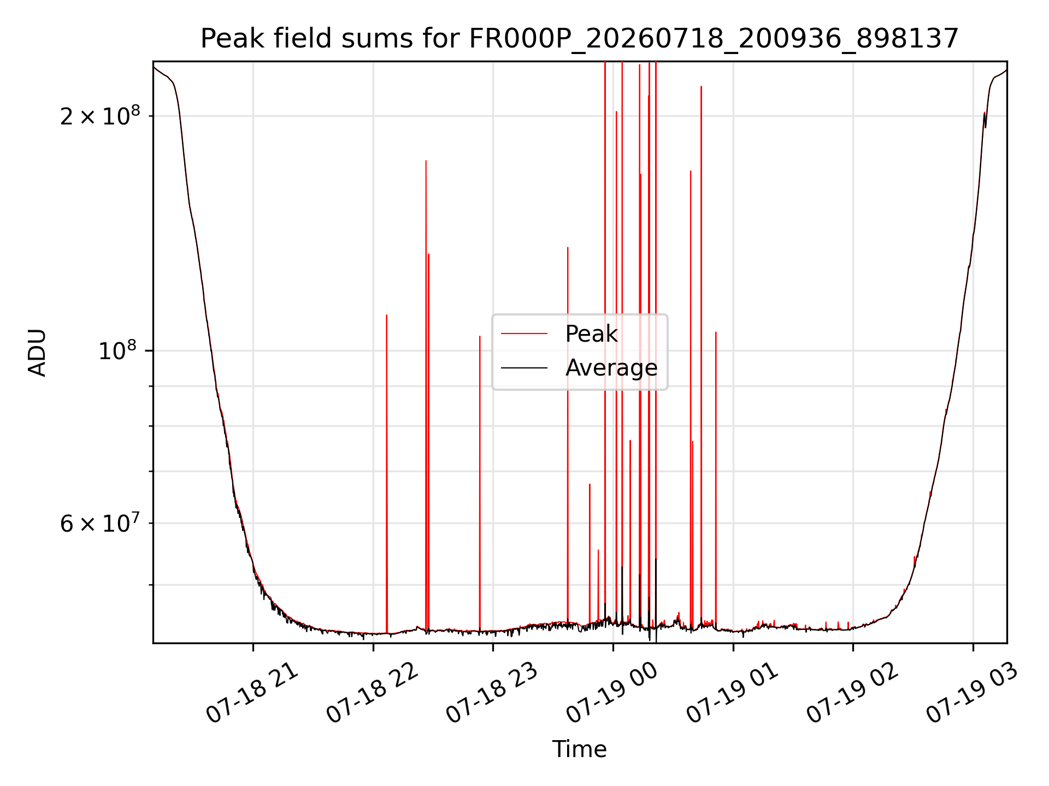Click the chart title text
click(x=580, y=39)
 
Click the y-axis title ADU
click(x=38, y=353)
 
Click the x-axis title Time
click(x=580, y=749)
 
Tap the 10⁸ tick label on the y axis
click(x=119, y=350)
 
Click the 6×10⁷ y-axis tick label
click(x=100, y=523)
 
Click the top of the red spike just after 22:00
click(x=387, y=315)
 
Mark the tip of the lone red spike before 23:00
click(x=480, y=336)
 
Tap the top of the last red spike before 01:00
click(x=716, y=332)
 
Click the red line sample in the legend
click(x=524, y=333)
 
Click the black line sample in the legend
click(x=524, y=368)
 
